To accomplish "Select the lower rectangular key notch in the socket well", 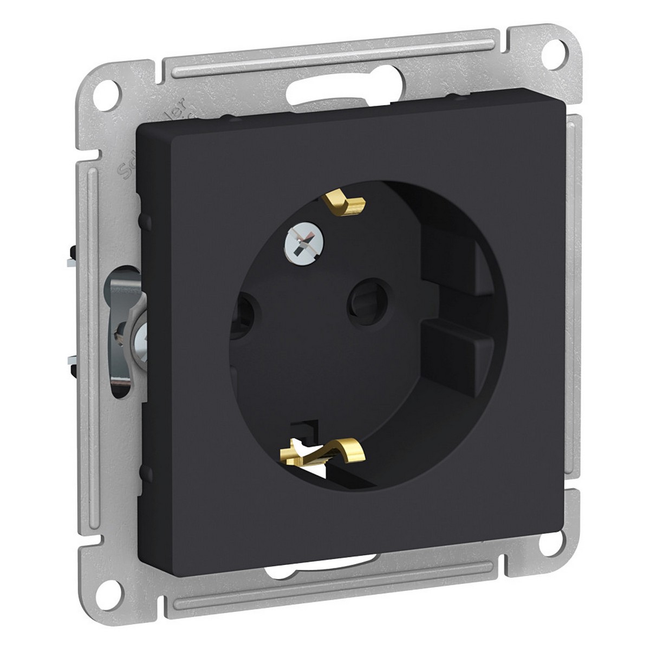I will tap(450, 341).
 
